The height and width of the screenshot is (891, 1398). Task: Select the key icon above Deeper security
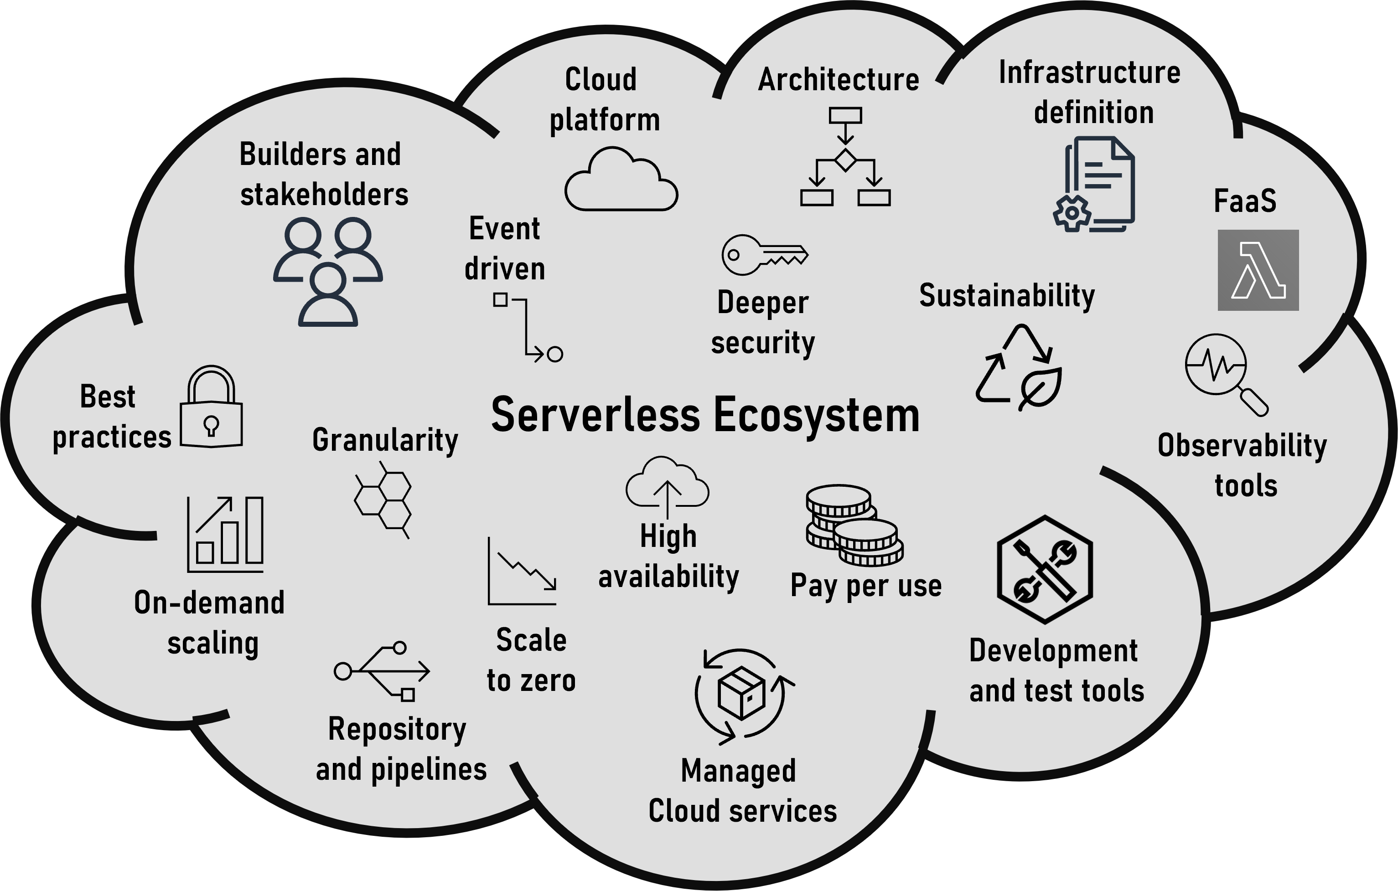tap(764, 255)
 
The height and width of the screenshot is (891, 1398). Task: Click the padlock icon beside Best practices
tap(211, 407)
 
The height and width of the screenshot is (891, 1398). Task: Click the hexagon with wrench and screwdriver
tap(1045, 569)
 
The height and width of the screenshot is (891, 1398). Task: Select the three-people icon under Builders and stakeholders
tap(328, 272)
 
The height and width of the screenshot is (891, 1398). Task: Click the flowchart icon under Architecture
tap(845, 157)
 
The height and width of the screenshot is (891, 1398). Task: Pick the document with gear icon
tap(1095, 185)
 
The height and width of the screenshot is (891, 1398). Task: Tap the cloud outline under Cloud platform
tap(621, 180)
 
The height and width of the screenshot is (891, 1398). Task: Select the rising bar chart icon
tap(226, 534)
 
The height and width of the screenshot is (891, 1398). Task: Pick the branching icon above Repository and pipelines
tap(383, 672)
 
